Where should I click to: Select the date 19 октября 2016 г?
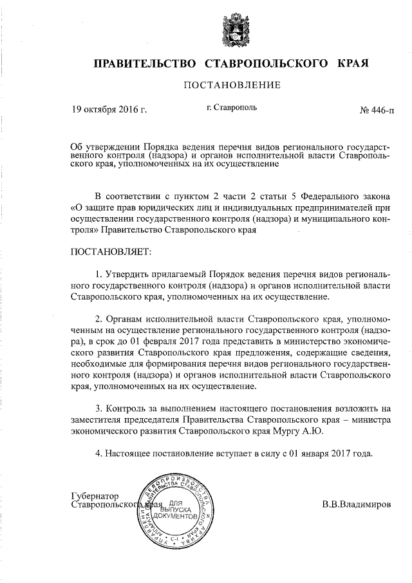coord(109,110)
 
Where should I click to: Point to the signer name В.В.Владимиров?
coord(356,505)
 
